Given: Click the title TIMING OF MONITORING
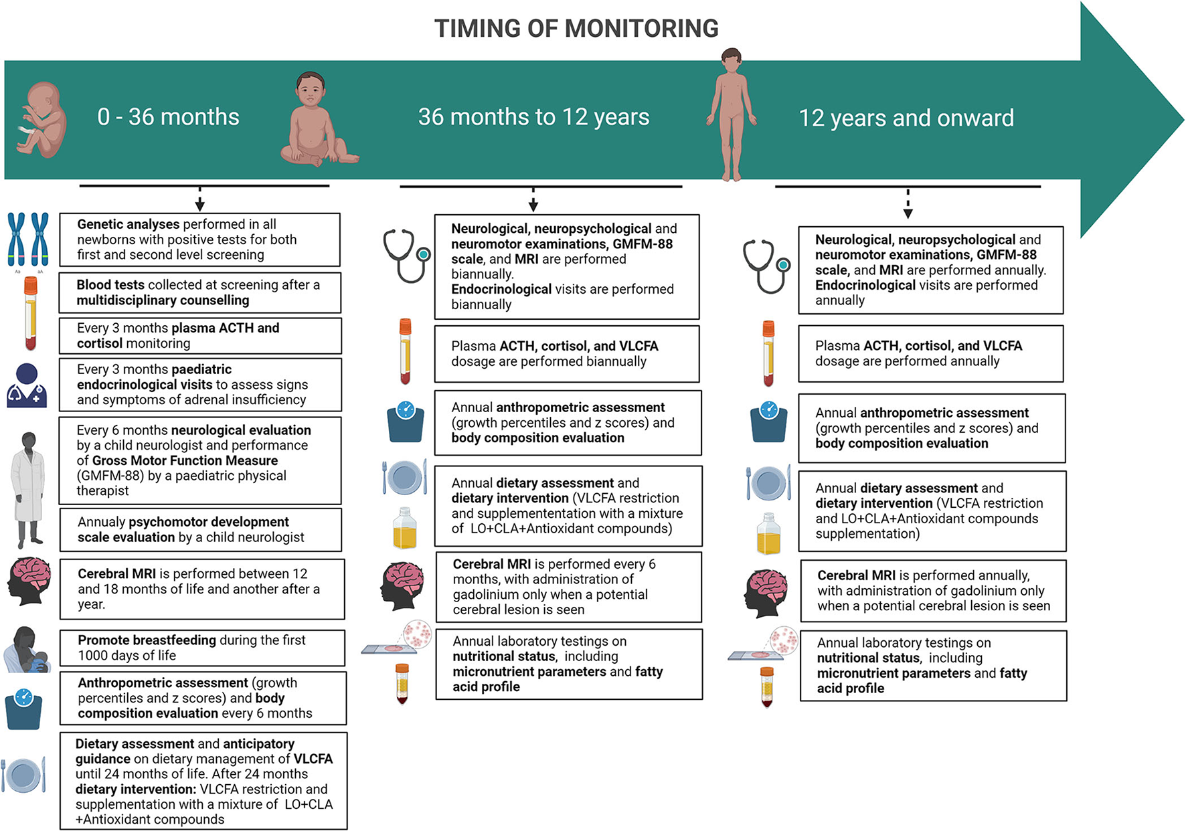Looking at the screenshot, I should (x=576, y=29).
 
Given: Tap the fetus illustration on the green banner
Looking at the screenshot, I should (x=42, y=120).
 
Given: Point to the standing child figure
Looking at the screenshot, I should (x=732, y=114).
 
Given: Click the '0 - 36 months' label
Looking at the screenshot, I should (x=168, y=117).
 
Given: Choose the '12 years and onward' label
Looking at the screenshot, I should (x=906, y=118).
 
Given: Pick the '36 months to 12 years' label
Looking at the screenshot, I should (x=533, y=117).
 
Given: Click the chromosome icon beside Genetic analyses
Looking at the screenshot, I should (x=28, y=240).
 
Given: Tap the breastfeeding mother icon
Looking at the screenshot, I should (x=27, y=650).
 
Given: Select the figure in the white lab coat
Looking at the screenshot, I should (x=28, y=489).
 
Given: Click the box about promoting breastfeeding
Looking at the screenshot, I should (x=202, y=648).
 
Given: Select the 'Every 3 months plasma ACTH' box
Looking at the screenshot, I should (x=200, y=336).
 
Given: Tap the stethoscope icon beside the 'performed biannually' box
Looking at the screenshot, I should (x=406, y=256).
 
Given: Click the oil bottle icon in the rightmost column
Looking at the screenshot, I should (x=768, y=534).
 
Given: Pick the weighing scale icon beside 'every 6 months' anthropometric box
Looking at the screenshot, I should (x=24, y=709).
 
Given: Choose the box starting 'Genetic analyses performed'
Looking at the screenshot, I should (x=199, y=240).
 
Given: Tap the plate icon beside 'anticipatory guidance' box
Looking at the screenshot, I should (x=24, y=775).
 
